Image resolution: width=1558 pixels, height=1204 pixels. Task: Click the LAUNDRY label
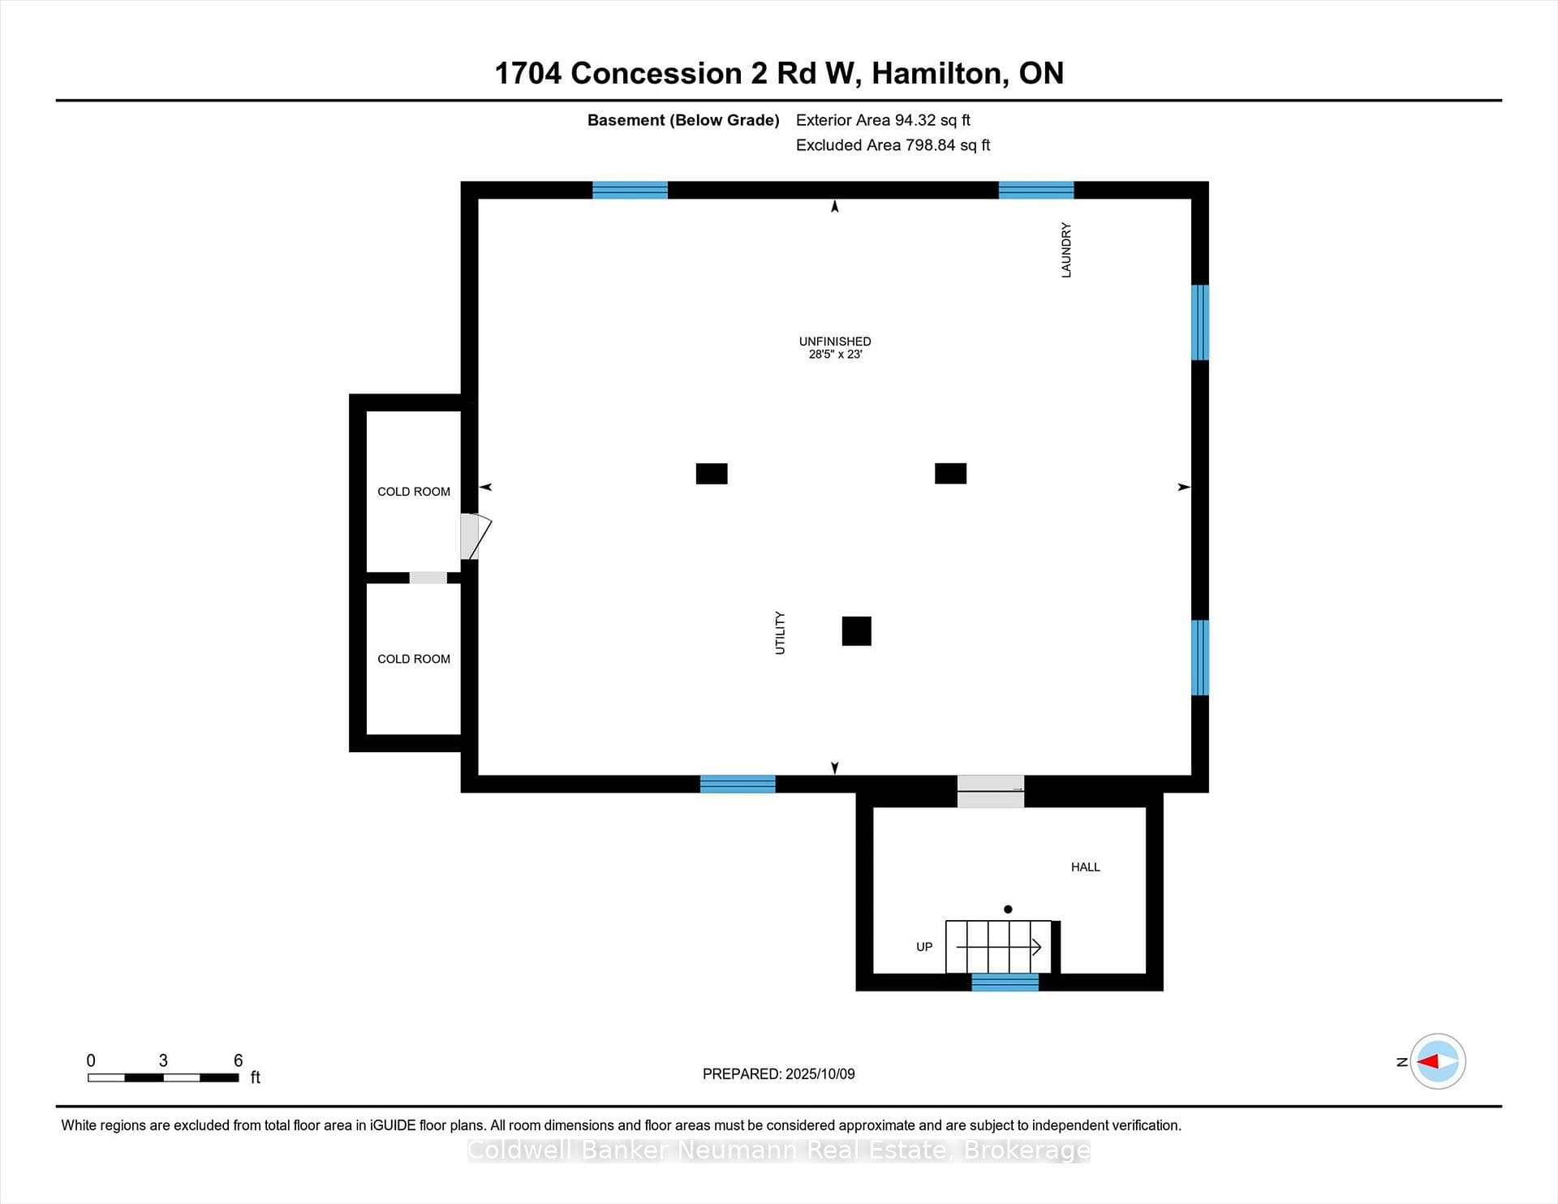pos(1066,250)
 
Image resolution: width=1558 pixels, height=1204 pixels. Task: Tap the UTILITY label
pos(780,633)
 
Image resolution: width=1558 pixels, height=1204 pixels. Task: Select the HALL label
pos(1085,867)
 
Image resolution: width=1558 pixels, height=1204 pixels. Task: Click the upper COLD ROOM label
pos(414,492)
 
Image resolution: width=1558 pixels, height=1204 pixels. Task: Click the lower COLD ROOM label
pos(414,659)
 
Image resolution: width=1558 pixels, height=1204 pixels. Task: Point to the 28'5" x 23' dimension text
pos(835,355)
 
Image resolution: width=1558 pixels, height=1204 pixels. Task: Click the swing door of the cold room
pos(476,536)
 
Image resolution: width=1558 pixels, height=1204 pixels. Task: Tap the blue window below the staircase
pos(1005,983)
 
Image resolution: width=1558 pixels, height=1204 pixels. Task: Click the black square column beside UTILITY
pos(856,631)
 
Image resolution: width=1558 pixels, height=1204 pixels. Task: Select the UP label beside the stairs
pos(924,947)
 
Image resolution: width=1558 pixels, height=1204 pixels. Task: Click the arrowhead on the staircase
pos(1036,947)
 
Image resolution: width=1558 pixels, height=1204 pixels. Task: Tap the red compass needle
pos(1428,1061)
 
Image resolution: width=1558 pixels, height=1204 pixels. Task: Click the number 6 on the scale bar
pos(238,1060)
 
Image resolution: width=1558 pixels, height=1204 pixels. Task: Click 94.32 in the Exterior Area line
pos(916,120)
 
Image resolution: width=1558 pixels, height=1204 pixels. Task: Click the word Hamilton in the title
pos(940,74)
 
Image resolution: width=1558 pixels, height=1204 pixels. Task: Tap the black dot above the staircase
pos(1008,909)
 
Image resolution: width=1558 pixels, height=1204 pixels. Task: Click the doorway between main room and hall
pos(991,792)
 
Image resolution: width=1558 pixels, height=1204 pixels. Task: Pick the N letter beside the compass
pos(1401,1062)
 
